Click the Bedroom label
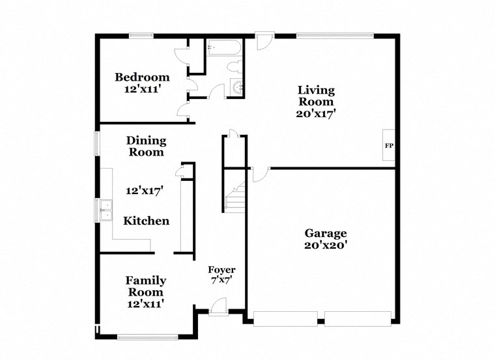point(142,77)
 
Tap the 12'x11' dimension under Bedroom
point(142,89)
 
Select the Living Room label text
point(316,96)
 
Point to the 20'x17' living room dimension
point(316,113)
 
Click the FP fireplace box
point(389,145)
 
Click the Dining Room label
point(146,146)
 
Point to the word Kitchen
point(147,221)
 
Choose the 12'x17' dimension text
point(144,191)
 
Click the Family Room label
point(145,286)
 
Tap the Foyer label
point(221,270)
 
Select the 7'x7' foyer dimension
point(221,281)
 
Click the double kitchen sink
point(106,209)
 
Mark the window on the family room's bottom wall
point(147,337)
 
